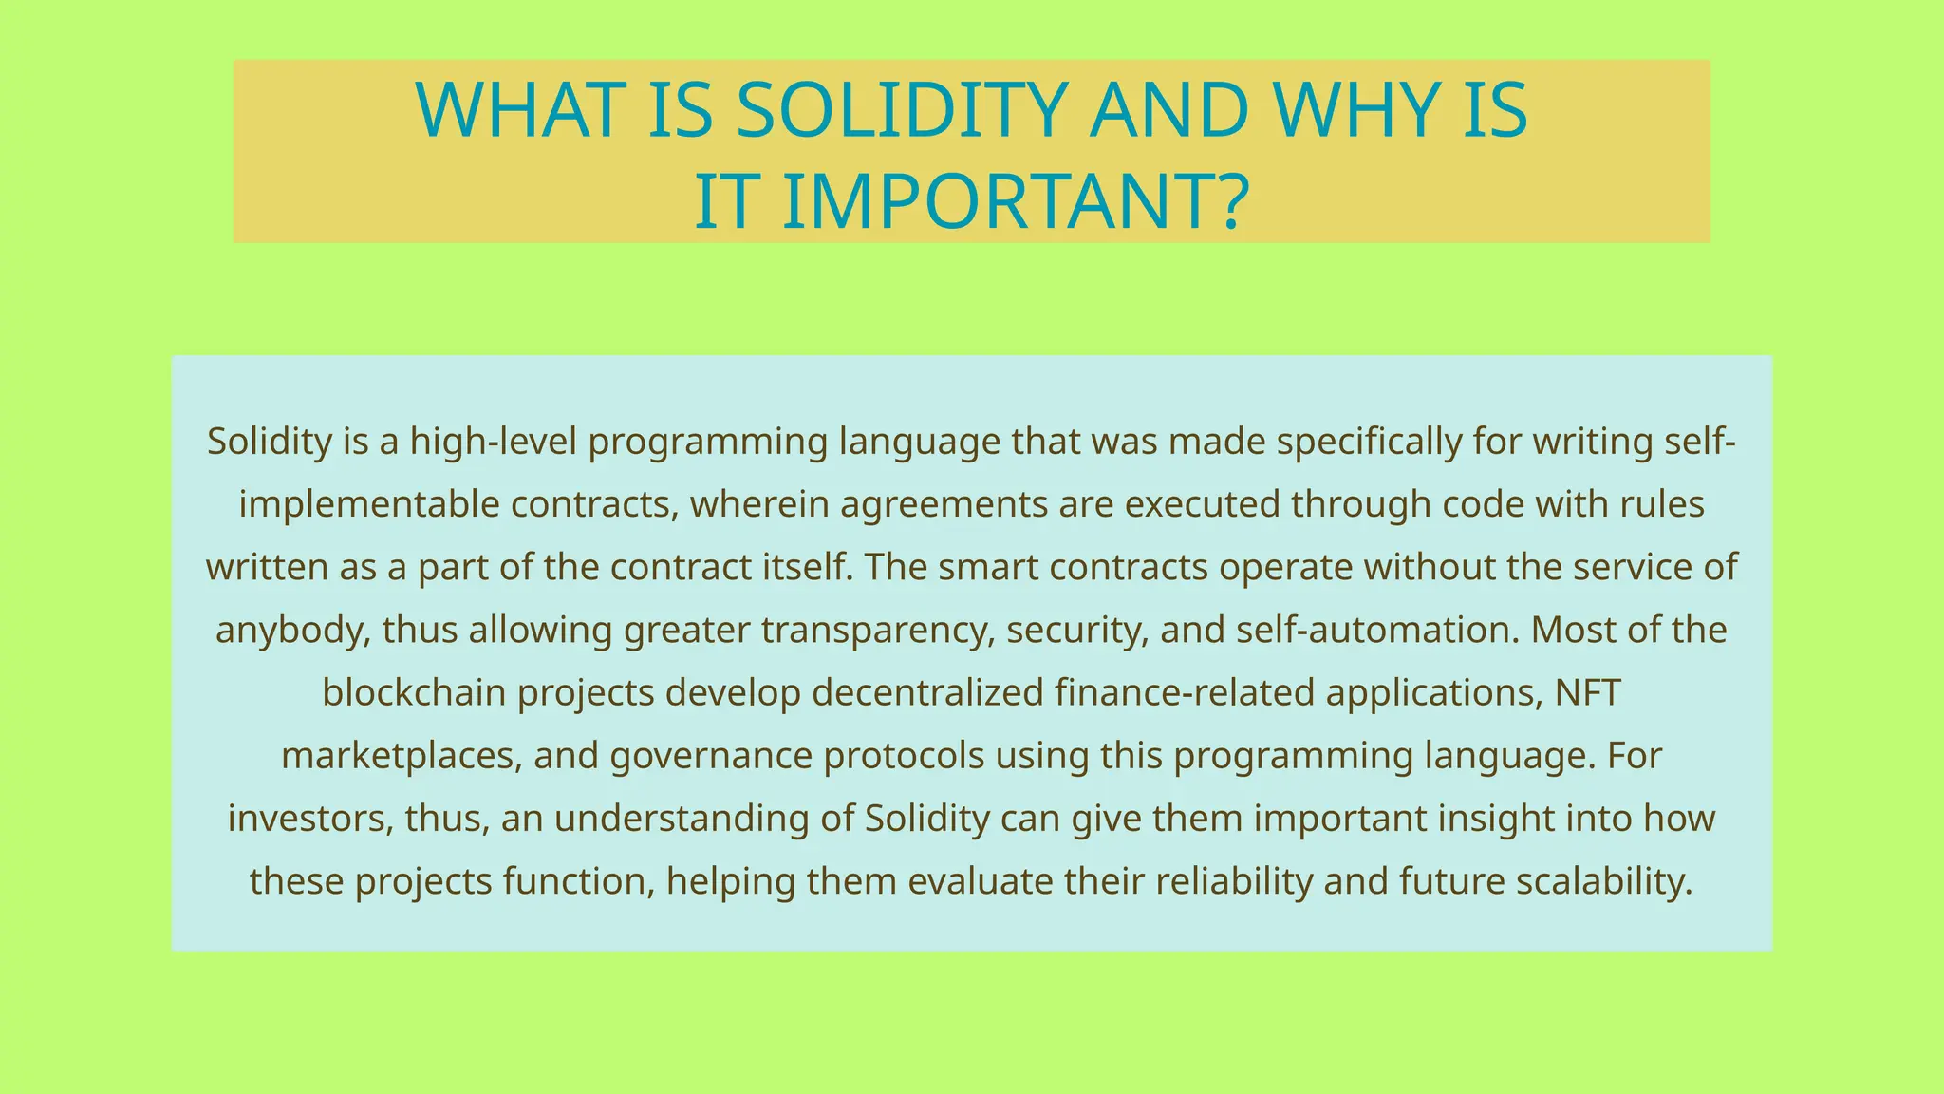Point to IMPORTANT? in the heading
pyautogui.click(x=1011, y=202)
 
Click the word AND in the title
pyautogui.click(x=1168, y=111)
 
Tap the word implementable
pyautogui.click(x=368, y=504)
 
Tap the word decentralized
pyautogui.click(x=927, y=692)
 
